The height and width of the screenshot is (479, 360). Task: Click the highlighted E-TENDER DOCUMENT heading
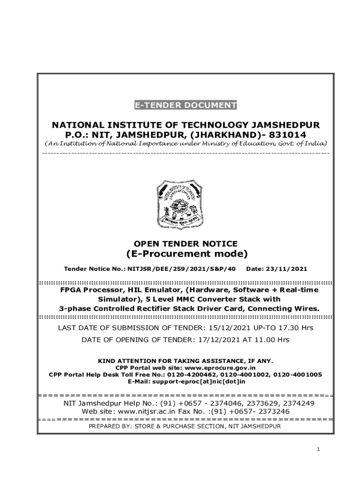click(x=186, y=105)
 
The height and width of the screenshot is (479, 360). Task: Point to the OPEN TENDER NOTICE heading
click(x=186, y=243)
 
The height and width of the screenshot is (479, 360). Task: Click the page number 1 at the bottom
click(x=318, y=450)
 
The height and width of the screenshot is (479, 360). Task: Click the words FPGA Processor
click(x=87, y=290)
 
